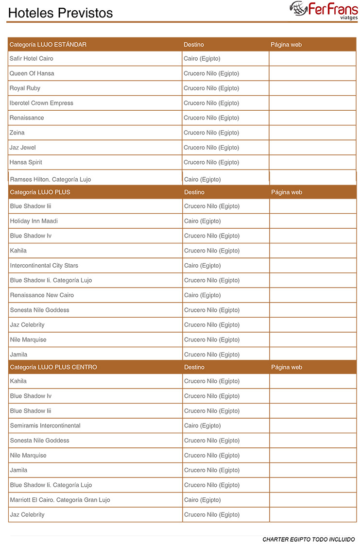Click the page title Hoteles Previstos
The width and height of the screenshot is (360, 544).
60,13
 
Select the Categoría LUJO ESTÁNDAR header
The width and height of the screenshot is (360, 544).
48,45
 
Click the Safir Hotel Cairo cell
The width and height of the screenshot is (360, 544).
32,59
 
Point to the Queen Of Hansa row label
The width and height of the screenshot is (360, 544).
32,73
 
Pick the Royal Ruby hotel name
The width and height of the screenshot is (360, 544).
25,88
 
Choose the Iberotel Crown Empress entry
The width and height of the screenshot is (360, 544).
42,103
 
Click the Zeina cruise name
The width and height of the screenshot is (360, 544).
17,133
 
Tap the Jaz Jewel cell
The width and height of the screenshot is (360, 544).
23,148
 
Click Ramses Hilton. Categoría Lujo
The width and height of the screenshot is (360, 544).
51,179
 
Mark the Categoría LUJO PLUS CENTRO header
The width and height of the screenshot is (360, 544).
53,367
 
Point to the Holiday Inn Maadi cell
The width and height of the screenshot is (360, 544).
34,221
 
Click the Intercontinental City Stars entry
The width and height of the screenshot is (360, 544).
44,266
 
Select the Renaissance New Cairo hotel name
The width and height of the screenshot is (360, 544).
42,295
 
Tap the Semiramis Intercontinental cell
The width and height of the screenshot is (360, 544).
46,426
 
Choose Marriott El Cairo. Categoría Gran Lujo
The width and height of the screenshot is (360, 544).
60,500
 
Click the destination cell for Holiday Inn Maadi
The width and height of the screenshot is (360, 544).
203,221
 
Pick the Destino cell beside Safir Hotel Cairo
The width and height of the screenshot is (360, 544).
202,59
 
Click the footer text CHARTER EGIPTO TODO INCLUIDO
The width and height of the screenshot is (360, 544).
309,539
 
